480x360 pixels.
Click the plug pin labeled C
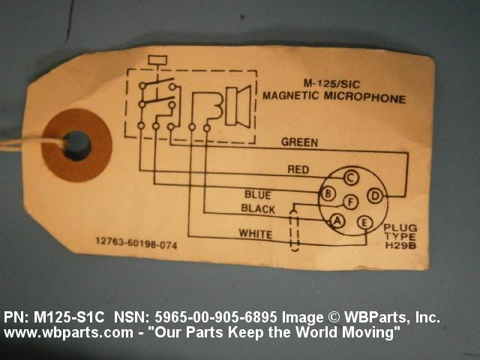349,178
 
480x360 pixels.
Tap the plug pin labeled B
328,194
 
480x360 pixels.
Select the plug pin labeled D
376,196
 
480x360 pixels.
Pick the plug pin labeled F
349,201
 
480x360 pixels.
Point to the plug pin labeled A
337,220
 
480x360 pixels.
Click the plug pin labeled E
365,222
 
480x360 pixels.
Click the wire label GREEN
299,142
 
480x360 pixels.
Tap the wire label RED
298,169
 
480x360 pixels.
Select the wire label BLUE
257,195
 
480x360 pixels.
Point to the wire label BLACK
257,208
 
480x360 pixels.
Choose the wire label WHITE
255,234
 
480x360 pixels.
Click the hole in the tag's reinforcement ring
76,145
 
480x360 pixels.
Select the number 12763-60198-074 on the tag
136,242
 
